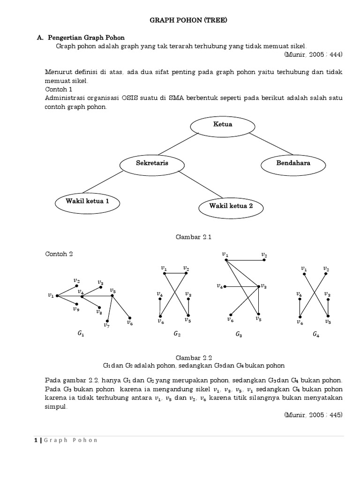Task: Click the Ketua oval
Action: (223, 125)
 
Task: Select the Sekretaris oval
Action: (152, 164)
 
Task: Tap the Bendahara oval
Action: (293, 164)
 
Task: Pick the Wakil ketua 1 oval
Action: (88, 202)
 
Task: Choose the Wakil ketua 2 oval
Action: (231, 206)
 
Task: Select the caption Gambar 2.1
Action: (194, 237)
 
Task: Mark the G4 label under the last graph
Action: (317, 335)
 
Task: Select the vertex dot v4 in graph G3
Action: (225, 286)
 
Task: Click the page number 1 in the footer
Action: (36, 440)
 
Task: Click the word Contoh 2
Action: (59, 254)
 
